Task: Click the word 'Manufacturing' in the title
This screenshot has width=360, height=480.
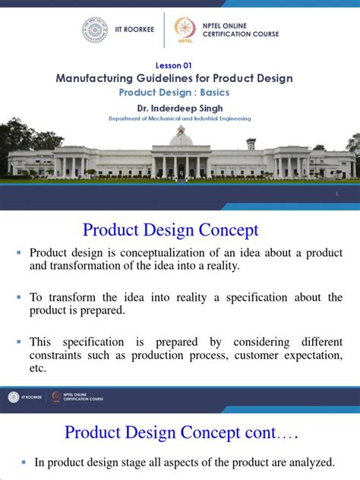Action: coord(96,78)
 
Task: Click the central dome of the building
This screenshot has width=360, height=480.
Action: coord(181,139)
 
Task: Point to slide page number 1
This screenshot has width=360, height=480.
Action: coord(335,195)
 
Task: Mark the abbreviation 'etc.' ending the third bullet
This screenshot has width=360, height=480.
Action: coord(38,369)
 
